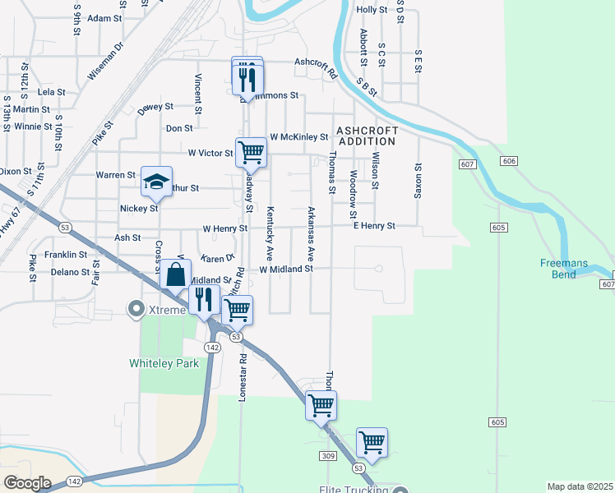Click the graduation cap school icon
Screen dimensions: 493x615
[155, 182]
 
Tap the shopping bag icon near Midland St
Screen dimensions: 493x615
[176, 274]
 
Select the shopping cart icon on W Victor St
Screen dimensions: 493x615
[251, 151]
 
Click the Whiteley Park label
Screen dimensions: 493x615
[164, 363]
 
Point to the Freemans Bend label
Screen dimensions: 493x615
[563, 269]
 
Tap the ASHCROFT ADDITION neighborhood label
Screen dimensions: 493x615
[366, 136]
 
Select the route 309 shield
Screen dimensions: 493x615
[329, 456]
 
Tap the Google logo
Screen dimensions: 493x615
[27, 483]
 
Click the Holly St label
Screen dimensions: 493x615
[372, 10]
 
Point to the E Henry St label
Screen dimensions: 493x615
[374, 225]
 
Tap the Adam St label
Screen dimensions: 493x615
[104, 18]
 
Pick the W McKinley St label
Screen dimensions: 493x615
[298, 136]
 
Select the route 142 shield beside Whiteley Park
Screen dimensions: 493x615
[212, 348]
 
